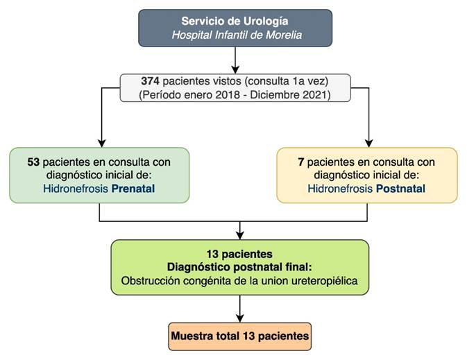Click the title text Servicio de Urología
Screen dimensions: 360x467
(x=236, y=22)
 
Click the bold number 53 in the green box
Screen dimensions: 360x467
(x=33, y=162)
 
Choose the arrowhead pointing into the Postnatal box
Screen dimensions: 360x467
(x=367, y=142)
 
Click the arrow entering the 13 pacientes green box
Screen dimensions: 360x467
(x=239, y=233)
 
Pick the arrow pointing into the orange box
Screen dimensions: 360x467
(x=239, y=315)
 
